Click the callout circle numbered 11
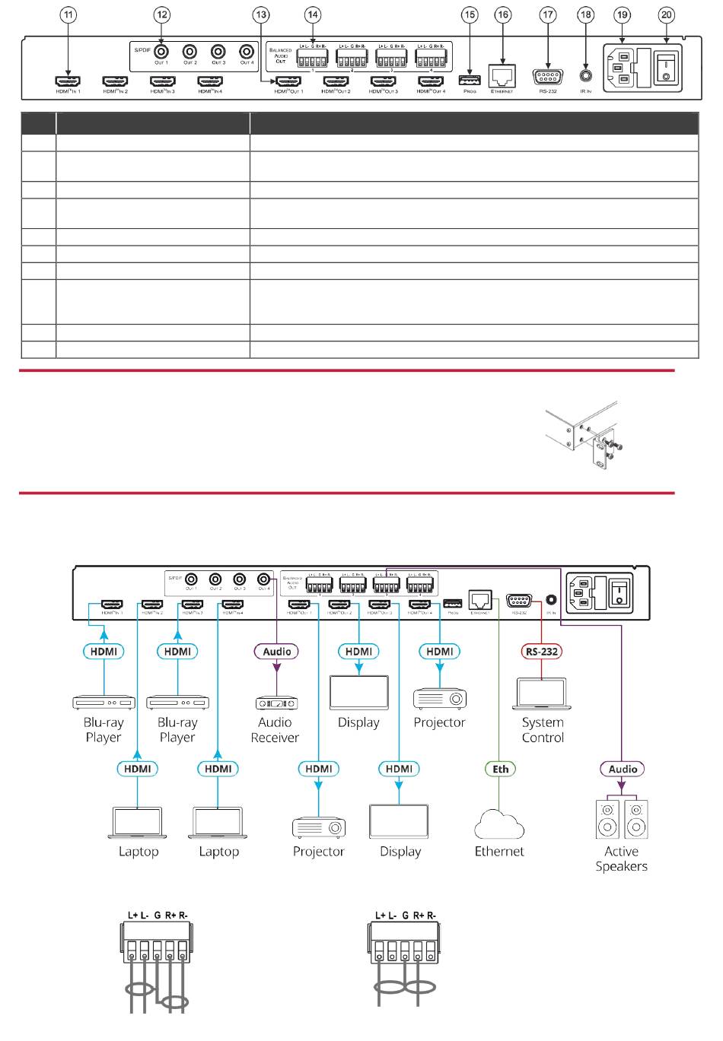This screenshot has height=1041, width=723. (69, 15)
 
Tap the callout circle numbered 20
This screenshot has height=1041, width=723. (667, 15)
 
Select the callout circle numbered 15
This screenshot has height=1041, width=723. (470, 15)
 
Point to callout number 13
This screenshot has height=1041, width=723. (261, 15)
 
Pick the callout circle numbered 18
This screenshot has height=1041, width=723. (585, 15)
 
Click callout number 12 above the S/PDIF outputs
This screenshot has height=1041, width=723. (161, 15)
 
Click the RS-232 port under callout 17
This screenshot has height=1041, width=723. (547, 76)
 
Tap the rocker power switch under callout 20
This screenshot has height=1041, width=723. (667, 68)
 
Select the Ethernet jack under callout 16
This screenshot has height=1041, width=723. (502, 75)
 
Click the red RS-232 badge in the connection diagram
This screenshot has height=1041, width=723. (541, 652)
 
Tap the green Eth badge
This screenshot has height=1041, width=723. (500, 769)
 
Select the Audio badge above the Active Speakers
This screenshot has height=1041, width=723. (623, 769)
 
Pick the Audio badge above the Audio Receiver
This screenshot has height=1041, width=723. (276, 652)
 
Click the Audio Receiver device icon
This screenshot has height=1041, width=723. (276, 703)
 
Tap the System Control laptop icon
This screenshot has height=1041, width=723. (542, 693)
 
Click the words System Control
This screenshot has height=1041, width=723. (543, 730)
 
